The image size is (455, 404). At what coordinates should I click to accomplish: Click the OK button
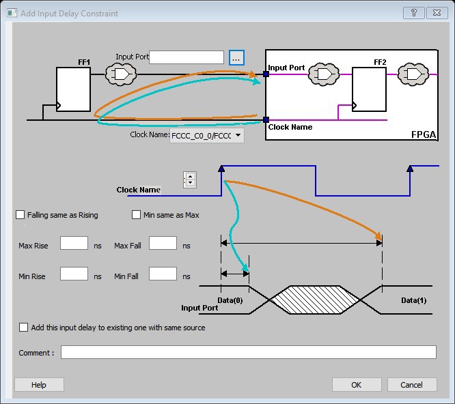click(356, 385)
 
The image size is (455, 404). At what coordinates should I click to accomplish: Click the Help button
click(39, 385)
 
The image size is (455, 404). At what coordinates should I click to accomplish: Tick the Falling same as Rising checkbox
click(20, 215)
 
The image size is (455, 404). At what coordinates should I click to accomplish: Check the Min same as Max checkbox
click(137, 215)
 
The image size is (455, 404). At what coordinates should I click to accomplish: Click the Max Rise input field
click(74, 244)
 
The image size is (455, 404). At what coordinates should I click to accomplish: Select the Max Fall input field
click(163, 244)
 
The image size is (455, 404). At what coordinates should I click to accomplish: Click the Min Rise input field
click(74, 274)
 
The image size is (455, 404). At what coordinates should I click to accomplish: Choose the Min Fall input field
click(163, 274)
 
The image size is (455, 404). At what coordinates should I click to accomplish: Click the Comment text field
click(248, 352)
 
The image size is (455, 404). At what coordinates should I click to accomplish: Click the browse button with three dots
click(236, 58)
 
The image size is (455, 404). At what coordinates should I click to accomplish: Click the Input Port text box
click(187, 57)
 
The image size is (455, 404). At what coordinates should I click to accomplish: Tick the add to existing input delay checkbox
click(25, 328)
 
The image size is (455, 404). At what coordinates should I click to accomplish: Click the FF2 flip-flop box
click(369, 89)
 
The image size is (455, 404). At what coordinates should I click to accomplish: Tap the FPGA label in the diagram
click(423, 134)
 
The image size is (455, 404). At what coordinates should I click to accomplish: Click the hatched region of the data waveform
click(316, 300)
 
